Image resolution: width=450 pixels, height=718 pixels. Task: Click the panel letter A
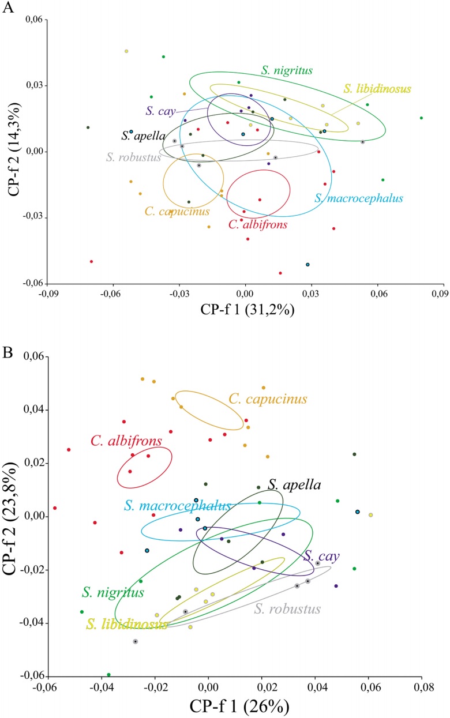tap(7, 8)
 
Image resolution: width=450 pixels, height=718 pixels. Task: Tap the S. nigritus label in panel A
tap(286, 71)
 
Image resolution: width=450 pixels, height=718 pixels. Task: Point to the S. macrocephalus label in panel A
tap(358, 198)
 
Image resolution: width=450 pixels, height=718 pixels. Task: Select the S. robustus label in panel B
tap(287, 608)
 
